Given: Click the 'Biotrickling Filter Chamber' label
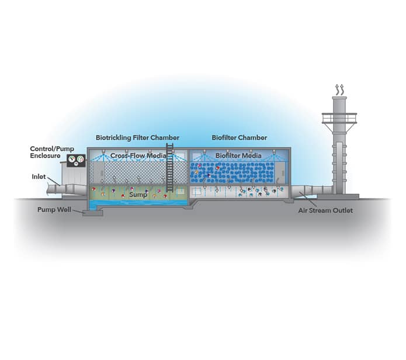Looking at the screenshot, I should (137, 138).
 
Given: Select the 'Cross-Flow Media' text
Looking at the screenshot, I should (137, 156).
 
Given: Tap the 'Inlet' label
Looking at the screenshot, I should (39, 176).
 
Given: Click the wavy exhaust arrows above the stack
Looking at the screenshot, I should (338, 89).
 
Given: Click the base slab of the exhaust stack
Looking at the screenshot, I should (342, 196).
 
